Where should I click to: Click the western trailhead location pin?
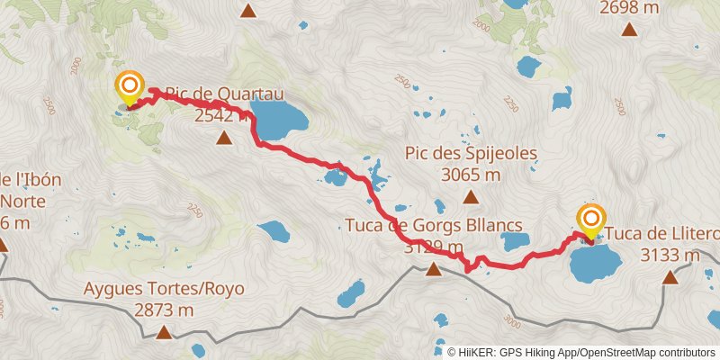pyautogui.click(x=130, y=87)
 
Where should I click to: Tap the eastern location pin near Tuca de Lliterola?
pyautogui.click(x=592, y=220)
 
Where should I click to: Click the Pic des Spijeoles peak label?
pyautogui.click(x=471, y=154)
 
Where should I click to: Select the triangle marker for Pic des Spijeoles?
pyautogui.click(x=470, y=196)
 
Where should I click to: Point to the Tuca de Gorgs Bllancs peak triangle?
pyautogui.click(x=434, y=269)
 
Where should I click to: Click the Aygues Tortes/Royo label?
pyautogui.click(x=164, y=290)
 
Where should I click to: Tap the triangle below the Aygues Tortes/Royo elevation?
pyautogui.click(x=164, y=334)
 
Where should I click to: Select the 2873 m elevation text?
pyautogui.click(x=164, y=310)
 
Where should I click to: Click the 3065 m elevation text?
pyautogui.click(x=471, y=175)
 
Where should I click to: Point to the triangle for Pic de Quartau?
pyautogui.click(x=223, y=137)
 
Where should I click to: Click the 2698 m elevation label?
pyautogui.click(x=629, y=7)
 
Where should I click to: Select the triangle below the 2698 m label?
pyautogui.click(x=630, y=29)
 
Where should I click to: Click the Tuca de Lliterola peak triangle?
pyautogui.click(x=670, y=276)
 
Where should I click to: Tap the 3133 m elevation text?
pyautogui.click(x=670, y=255)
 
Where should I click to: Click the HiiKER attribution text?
pyautogui.click(x=580, y=352)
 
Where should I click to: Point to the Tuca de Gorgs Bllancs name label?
pyautogui.click(x=434, y=225)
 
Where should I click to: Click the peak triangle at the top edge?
pyautogui.click(x=248, y=12)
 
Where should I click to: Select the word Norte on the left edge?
pyautogui.click(x=27, y=201)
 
